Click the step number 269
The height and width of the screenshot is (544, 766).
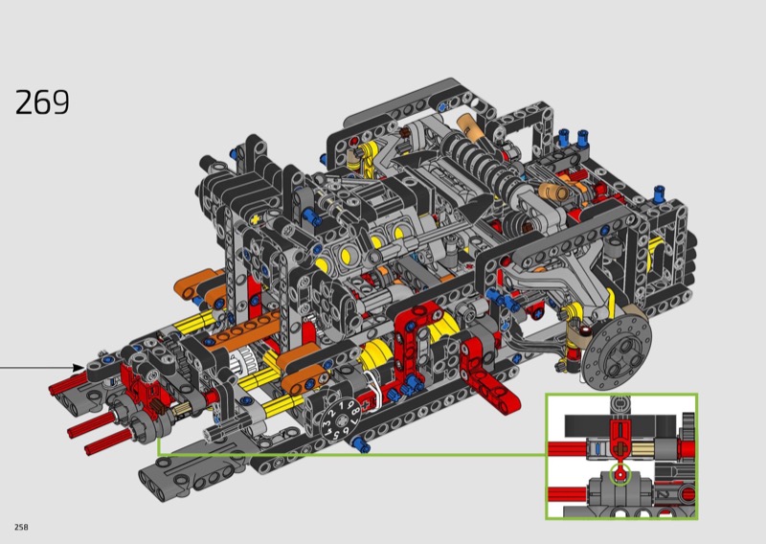click(x=42, y=102)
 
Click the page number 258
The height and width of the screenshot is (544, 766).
click(x=21, y=527)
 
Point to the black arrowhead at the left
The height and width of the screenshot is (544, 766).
click(x=79, y=368)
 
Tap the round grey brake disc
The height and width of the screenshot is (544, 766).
click(x=617, y=351)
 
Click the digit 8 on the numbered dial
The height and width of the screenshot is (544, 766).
click(x=356, y=410)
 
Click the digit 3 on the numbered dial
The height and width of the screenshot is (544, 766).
click(x=326, y=419)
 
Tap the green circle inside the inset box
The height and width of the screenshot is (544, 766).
click(x=620, y=474)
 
